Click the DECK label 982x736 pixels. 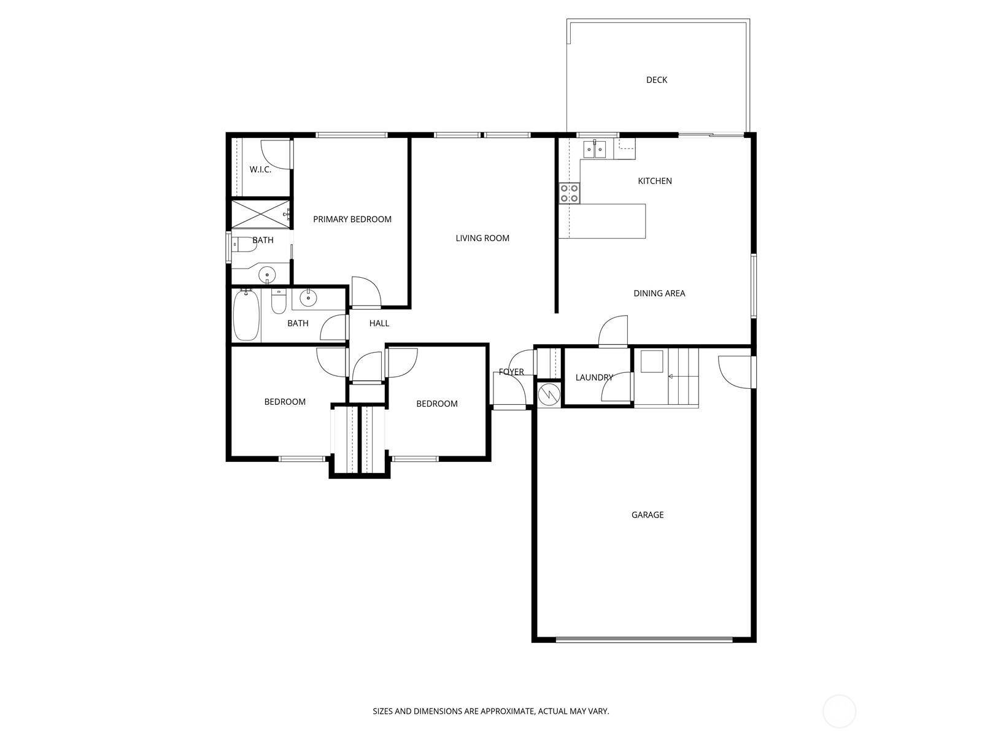pos(656,80)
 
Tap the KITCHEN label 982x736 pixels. pos(655,181)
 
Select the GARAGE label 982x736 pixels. pos(648,515)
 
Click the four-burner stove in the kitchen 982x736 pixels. pos(569,193)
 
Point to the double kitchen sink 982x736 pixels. pos(595,149)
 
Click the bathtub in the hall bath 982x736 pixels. pos(246,315)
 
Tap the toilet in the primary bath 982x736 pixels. pos(244,244)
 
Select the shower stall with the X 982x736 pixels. pos(258,215)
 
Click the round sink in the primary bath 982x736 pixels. pos(267,274)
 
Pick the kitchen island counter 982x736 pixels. pos(608,221)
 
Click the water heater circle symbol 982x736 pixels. pos(549,394)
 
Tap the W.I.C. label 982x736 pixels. pos(260,169)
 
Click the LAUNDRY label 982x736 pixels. pos(593,377)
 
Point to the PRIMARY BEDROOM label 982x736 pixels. pos(352,219)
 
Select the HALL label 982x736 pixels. pos(379,323)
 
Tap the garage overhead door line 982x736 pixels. pos(644,639)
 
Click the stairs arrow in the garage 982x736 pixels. pos(671,376)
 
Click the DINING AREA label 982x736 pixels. pos(659,293)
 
